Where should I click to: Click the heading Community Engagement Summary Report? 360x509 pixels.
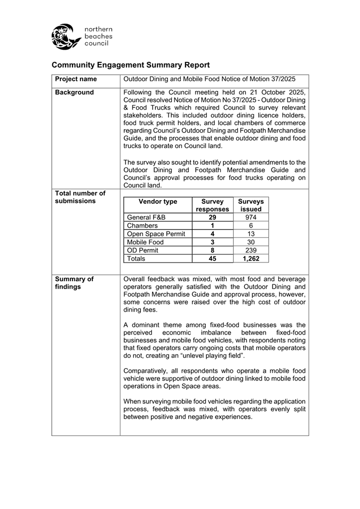tap(131, 65)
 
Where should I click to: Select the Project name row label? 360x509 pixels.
tap(76, 79)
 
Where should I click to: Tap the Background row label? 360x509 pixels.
tap(74, 92)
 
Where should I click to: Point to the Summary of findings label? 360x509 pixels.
tap(74, 283)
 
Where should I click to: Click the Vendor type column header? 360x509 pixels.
tap(157, 202)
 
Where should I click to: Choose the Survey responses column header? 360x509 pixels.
tap(212, 205)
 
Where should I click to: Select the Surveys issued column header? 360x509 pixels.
tap(251, 205)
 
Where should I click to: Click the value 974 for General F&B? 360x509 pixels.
tap(251, 217)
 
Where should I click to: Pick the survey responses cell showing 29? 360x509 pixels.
tap(212, 217)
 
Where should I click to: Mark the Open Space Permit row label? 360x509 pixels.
tap(156, 234)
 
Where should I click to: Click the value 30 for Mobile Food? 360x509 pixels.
tap(251, 242)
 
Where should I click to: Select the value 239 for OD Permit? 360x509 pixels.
tap(251, 250)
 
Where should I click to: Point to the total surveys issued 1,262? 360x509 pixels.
tap(251, 259)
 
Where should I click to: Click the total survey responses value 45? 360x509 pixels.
tap(212, 259)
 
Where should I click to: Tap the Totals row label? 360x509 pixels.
tap(136, 259)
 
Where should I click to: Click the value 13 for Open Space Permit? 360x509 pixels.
tap(251, 234)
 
